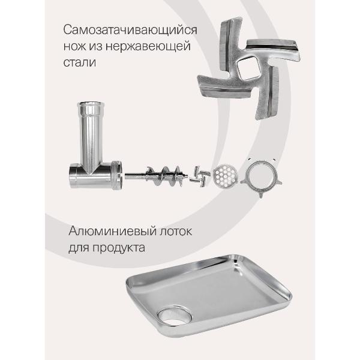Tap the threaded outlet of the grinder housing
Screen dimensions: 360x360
click(x=118, y=175)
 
